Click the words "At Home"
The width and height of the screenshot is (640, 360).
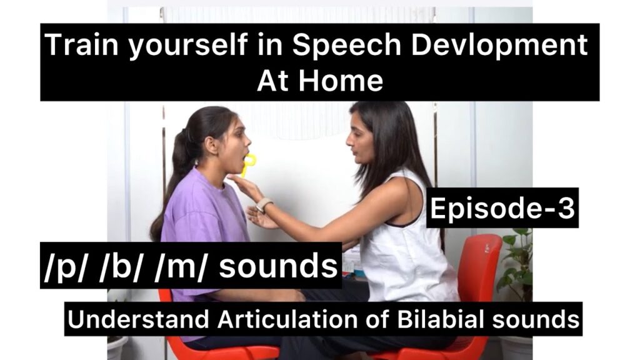point(319,81)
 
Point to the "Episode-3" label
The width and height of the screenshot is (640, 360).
point(502,208)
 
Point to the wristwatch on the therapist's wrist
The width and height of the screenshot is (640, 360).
point(264,205)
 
